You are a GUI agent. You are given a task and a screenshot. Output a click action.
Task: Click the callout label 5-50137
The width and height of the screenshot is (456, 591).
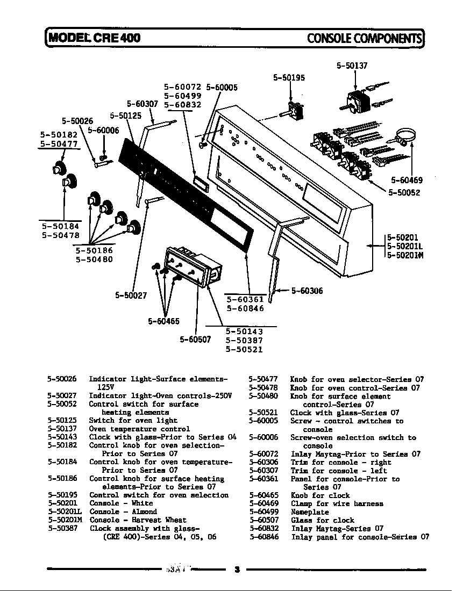(x=352, y=66)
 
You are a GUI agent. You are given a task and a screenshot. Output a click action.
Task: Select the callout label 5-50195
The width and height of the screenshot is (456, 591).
(x=289, y=77)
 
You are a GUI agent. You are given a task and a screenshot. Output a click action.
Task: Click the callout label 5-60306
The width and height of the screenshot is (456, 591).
(x=307, y=291)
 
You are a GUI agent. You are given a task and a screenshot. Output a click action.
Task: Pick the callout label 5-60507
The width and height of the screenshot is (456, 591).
(x=195, y=340)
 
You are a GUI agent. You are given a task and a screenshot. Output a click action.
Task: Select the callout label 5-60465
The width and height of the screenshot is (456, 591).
(x=163, y=321)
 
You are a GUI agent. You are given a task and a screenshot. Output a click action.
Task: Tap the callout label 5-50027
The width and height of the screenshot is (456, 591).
(x=131, y=294)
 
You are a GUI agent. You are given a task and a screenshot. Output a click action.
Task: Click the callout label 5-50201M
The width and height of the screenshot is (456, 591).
(x=405, y=255)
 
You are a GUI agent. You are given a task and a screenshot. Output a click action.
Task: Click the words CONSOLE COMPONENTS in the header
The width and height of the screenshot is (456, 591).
(x=364, y=38)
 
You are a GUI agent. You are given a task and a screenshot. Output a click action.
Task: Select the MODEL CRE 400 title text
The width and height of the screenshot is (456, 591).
(x=95, y=38)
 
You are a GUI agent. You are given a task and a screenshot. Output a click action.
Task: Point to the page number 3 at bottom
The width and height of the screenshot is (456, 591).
(x=236, y=569)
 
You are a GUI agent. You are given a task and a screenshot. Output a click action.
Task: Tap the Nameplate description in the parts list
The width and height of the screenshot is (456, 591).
(x=310, y=512)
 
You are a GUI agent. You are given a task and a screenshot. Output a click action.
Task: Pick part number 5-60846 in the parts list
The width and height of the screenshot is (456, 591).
(x=263, y=537)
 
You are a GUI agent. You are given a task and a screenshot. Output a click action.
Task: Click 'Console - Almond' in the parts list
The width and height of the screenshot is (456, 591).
(x=123, y=511)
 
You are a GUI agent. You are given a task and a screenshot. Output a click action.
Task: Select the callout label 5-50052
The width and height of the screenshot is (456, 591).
(x=404, y=193)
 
